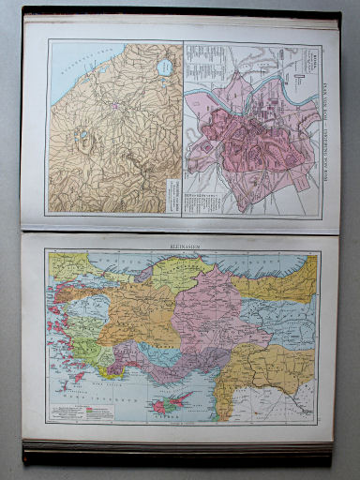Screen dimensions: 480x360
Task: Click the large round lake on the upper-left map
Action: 165,67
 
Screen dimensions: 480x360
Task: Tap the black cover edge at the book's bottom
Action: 178,455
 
